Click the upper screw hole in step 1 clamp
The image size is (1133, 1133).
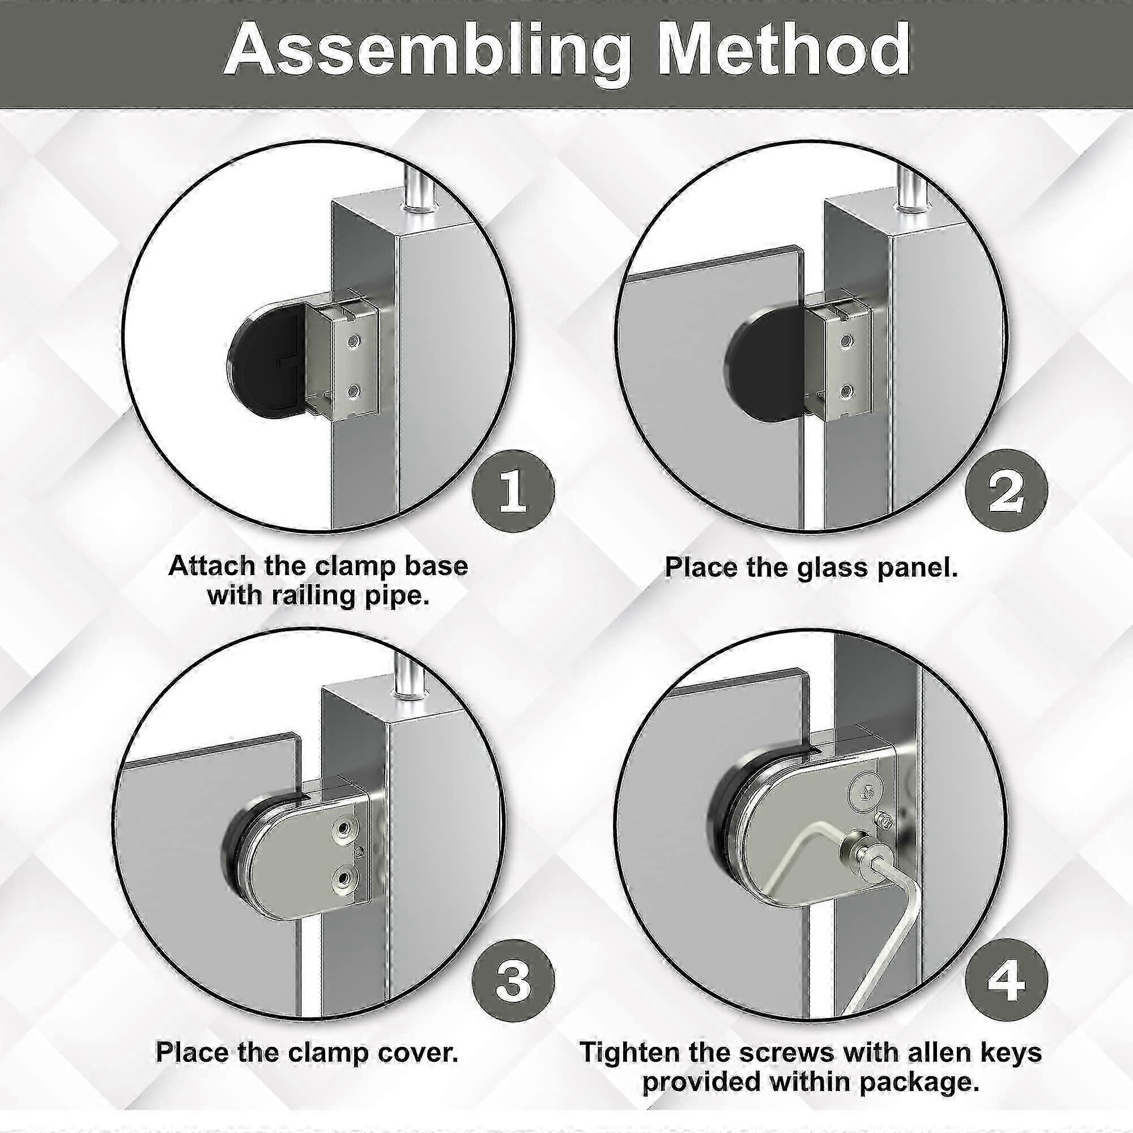(x=353, y=339)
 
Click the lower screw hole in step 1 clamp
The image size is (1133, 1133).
(x=353, y=389)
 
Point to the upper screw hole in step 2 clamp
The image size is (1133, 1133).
(x=846, y=339)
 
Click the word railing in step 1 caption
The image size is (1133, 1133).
(x=314, y=596)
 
